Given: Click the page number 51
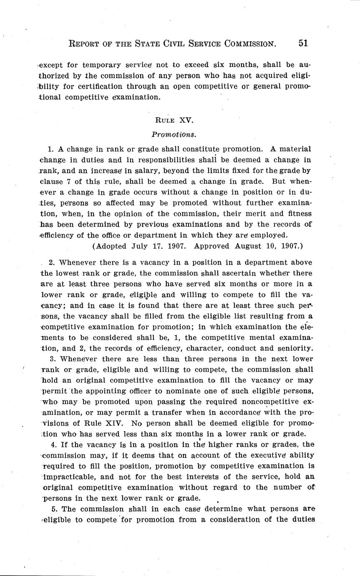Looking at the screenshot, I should [x=303, y=43].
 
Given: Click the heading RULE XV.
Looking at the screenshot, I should [x=174, y=120].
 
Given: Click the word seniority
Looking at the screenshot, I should [x=295, y=348].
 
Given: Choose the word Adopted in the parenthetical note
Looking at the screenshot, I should [x=109, y=246].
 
